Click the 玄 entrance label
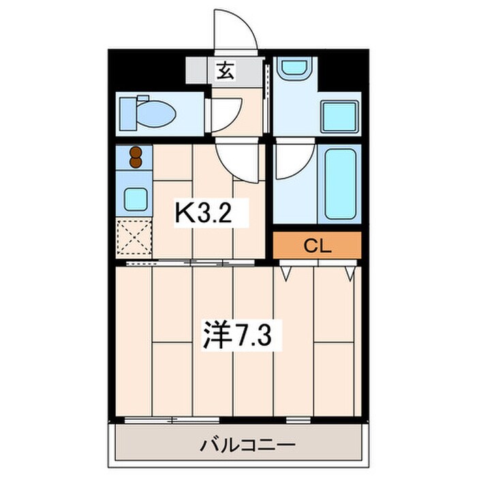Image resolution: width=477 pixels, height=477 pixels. tap(226, 71)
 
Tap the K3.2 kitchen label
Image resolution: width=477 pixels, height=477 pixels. tap(204, 213)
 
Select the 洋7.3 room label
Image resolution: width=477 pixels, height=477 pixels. tap(237, 335)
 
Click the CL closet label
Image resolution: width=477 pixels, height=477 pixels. tap(318, 246)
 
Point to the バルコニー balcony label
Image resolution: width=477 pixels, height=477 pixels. tap(247, 446)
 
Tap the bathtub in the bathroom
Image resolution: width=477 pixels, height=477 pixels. tap(341, 184)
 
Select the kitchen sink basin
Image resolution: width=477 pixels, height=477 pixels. tap(136, 199)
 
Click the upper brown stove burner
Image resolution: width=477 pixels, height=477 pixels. tap(136, 152)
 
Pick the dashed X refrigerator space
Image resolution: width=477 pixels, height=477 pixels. tap(134, 236)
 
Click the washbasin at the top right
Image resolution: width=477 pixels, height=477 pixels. tap(295, 69)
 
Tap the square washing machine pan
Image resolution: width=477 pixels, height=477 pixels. tap(339, 117)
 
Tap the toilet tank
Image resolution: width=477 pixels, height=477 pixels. tap(127, 114)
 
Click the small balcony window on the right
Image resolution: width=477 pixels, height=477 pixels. tap(298, 420)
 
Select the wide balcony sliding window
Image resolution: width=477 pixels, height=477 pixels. tap(172, 420)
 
